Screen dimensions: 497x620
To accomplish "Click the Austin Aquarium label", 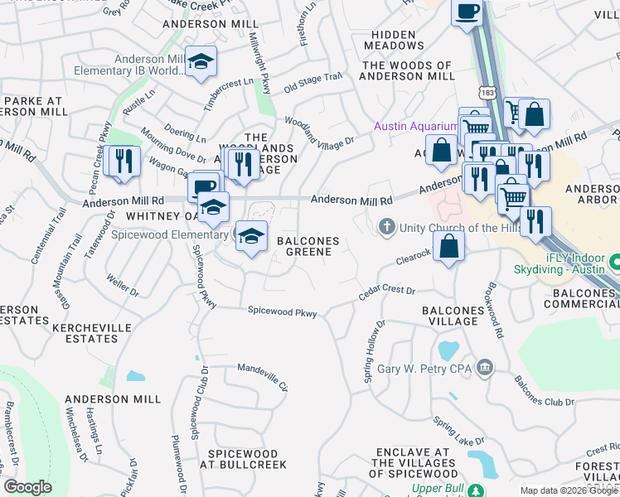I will point(415,126).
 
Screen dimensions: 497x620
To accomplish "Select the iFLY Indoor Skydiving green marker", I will point(615,263).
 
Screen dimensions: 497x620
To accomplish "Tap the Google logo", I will point(27,487).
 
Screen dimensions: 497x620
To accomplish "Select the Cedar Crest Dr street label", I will point(386,292).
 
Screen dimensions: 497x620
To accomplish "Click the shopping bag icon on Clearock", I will point(448,245).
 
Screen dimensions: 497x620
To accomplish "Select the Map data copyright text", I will point(569,490).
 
